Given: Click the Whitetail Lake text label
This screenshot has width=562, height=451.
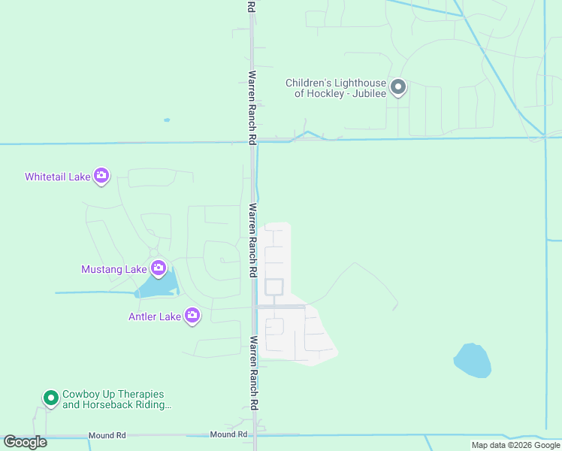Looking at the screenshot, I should tap(57, 177).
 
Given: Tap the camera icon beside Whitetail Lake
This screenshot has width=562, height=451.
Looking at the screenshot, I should tap(101, 177).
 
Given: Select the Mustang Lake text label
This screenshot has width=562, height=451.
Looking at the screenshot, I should tap(114, 268).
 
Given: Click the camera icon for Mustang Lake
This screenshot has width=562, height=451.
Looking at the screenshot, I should tap(158, 268).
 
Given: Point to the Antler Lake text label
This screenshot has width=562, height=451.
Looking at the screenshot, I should tap(155, 316).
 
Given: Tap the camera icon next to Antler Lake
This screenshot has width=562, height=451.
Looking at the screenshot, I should tap(192, 316).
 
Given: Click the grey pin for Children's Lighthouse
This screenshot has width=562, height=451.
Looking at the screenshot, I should tap(398, 88).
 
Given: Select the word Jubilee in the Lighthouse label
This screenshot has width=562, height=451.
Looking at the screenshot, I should tap(367, 94).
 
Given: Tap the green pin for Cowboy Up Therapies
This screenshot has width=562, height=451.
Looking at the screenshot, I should tap(50, 398).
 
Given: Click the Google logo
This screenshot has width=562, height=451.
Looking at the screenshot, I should tap(25, 442).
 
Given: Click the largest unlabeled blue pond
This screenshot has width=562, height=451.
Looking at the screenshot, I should tap(473, 361).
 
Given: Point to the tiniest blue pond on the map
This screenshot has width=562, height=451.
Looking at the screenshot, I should tap(167, 120).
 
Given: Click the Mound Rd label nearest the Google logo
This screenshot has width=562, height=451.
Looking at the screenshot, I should tap(107, 435).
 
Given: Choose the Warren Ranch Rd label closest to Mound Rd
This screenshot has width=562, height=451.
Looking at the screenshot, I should tap(254, 373).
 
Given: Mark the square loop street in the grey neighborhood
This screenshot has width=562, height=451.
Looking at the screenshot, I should tap(273, 287).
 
